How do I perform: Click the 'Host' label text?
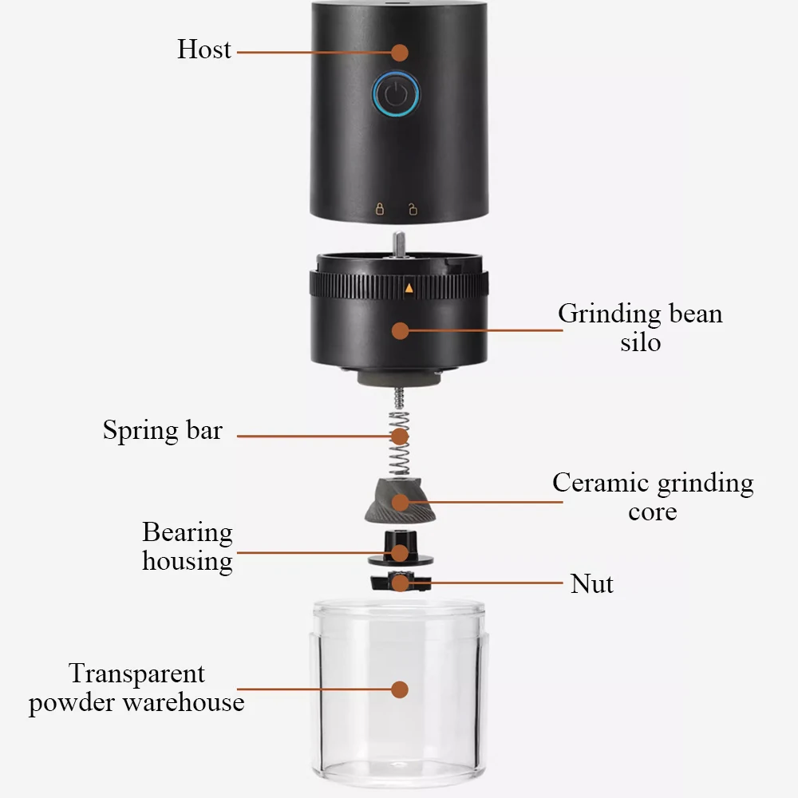[x=204, y=49]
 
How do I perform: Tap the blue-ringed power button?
[x=396, y=93]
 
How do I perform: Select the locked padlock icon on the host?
[x=380, y=208]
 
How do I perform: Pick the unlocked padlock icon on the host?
[x=413, y=208]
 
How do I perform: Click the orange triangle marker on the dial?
[x=409, y=288]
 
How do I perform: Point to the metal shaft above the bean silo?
[x=400, y=243]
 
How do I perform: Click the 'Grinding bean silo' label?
[x=640, y=327]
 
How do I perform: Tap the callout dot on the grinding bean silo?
[x=401, y=331]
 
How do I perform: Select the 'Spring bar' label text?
[x=163, y=431]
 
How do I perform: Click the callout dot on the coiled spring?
[x=400, y=437]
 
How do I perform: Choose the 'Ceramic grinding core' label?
[x=653, y=496]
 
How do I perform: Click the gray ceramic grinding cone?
[x=400, y=501]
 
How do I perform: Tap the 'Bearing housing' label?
[x=188, y=547]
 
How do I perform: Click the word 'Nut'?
[x=592, y=584]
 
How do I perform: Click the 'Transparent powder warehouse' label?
[x=136, y=688]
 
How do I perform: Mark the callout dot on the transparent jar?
[x=400, y=689]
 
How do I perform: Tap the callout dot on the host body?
[x=400, y=53]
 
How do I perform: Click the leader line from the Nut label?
[x=486, y=583]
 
